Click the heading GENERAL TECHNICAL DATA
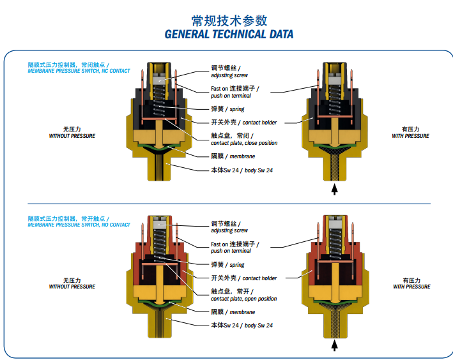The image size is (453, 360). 229,34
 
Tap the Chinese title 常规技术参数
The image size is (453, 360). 229,21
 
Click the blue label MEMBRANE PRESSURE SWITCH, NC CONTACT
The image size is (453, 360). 79,71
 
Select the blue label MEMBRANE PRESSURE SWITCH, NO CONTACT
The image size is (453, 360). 79,225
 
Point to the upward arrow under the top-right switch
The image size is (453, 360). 335,190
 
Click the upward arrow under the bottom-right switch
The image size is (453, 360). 335,345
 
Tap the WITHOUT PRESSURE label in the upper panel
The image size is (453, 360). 72,136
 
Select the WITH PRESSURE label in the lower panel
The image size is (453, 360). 411,287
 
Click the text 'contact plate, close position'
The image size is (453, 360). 244,143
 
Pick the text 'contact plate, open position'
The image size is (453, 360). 244,299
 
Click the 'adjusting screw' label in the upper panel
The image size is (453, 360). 229,75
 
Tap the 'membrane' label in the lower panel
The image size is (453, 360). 242,312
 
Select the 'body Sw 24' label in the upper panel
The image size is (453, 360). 259,170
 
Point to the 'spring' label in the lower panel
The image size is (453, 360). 237,265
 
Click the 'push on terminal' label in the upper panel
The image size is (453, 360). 231,96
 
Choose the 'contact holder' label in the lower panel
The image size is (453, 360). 259,278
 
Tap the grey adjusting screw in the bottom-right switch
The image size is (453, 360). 335,223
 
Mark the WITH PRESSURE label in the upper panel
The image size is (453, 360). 411,136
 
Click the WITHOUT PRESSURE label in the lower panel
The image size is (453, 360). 72,287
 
